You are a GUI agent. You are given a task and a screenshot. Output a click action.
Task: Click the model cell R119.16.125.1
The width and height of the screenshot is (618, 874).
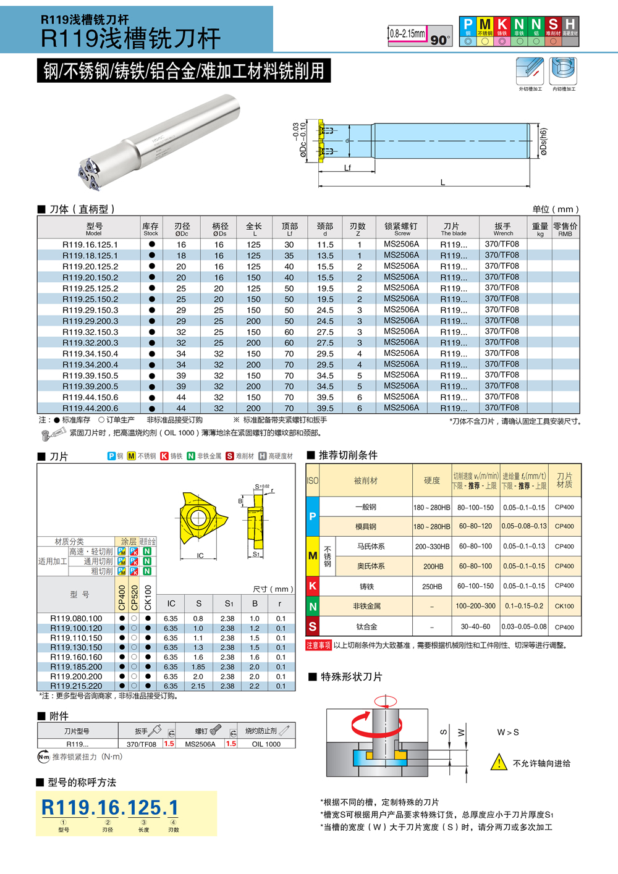point(90,245)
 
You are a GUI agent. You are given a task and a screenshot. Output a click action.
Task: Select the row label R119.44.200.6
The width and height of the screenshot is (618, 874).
point(90,408)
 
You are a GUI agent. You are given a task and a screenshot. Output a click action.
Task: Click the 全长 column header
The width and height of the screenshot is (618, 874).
point(253,229)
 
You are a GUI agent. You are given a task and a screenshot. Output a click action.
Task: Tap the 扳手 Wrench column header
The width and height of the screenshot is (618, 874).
point(502,229)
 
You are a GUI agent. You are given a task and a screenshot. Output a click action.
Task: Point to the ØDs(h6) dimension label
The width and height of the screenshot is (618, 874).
point(543,141)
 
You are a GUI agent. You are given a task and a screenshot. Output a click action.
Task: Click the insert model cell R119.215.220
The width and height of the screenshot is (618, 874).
point(76,686)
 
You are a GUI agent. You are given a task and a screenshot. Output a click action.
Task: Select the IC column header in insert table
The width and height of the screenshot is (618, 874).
point(171,603)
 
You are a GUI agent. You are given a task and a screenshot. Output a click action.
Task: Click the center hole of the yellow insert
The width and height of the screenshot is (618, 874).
point(198,517)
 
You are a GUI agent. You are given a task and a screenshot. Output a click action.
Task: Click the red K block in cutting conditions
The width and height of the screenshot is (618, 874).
point(313,586)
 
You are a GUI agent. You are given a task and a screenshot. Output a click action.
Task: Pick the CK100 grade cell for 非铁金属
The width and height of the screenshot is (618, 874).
point(564,606)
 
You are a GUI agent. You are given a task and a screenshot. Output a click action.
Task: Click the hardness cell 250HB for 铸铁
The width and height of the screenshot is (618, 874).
point(432,586)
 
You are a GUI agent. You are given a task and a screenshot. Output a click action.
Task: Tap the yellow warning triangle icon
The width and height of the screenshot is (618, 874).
point(498,762)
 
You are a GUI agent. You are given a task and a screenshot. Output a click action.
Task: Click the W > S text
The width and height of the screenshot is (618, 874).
point(508,732)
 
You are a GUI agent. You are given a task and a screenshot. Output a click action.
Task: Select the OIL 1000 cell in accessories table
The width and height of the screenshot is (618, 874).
point(266,744)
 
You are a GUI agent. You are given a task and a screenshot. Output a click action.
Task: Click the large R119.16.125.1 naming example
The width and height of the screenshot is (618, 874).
point(110,807)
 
